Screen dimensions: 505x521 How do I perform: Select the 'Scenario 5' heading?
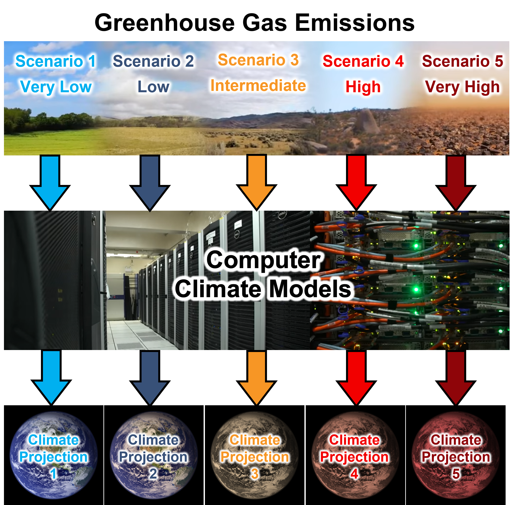click(x=462, y=61)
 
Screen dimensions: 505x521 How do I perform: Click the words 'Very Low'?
click(x=56, y=87)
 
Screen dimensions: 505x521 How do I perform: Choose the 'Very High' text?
click(x=462, y=87)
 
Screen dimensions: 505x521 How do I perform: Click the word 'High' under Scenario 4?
click(x=363, y=87)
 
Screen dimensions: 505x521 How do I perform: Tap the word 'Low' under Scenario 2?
click(x=153, y=87)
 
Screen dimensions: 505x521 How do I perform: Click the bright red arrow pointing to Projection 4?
click(x=356, y=377)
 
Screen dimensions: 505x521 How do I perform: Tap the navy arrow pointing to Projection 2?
click(x=150, y=377)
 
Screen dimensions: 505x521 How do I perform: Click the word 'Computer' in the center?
click(x=263, y=260)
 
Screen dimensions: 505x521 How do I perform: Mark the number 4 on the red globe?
click(x=354, y=474)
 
